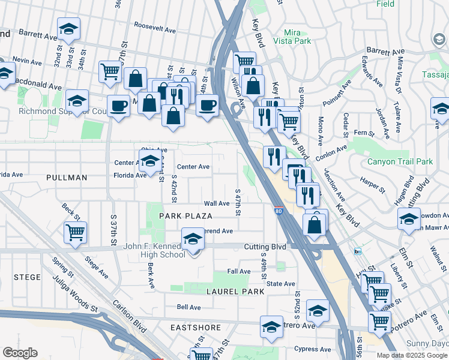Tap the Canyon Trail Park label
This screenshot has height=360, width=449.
[x=400, y=161]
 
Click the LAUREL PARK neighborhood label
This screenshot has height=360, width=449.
[x=232, y=292]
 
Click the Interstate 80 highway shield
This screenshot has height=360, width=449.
[x=279, y=211]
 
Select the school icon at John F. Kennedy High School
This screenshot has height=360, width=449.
[x=193, y=239]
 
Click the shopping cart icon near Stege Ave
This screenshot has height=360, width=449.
[x=75, y=232]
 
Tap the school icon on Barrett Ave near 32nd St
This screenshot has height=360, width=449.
[x=68, y=29]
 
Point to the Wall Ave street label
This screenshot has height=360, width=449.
[x=217, y=203]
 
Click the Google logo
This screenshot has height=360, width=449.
[x=20, y=353]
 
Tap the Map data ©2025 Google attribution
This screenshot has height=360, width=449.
[x=411, y=355]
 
